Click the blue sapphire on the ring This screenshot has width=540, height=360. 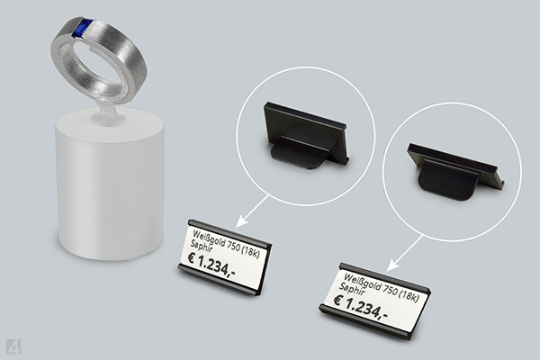point(81,28)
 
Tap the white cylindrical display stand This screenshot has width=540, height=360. point(110,183)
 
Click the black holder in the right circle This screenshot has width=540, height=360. point(455,171)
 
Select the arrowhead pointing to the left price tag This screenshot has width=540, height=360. point(243,221)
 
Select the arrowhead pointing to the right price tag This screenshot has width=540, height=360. point(392,265)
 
